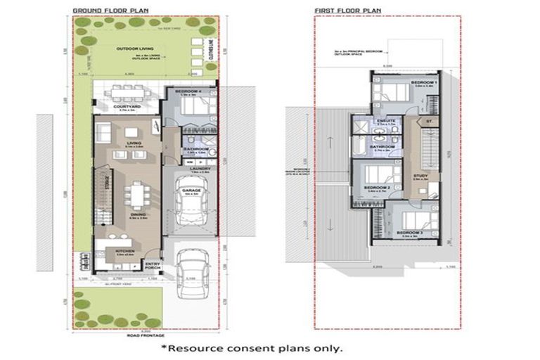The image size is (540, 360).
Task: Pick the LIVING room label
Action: (x=129, y=142)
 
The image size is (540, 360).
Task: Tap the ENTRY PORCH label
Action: (x=153, y=266)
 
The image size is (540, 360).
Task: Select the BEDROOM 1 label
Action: (x=424, y=83)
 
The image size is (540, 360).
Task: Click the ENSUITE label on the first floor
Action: (x=385, y=120)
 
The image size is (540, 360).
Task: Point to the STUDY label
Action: (x=420, y=176)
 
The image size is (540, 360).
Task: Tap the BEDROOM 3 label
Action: (x=409, y=232)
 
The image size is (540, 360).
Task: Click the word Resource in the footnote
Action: (x=198, y=347)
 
